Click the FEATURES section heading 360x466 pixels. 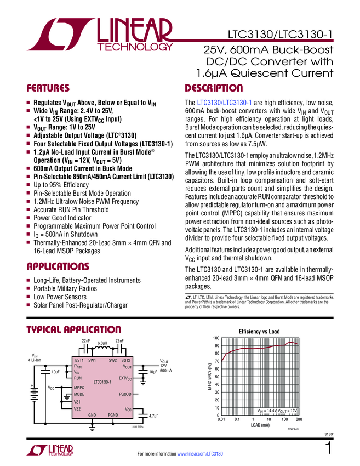[48, 88]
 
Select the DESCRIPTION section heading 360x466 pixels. [214, 88]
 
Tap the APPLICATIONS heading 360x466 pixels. [58, 267]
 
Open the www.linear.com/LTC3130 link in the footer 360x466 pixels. [200, 454]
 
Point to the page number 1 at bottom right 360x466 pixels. [328, 449]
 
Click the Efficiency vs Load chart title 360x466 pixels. [259, 332]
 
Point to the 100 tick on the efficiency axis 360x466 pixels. [216, 338]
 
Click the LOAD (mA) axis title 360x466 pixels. [260, 425]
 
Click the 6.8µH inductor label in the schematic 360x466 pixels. [102, 343]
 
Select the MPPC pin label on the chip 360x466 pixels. [80, 387]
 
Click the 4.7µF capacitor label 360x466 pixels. [153, 417]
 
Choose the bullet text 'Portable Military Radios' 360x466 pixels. [65, 288]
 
